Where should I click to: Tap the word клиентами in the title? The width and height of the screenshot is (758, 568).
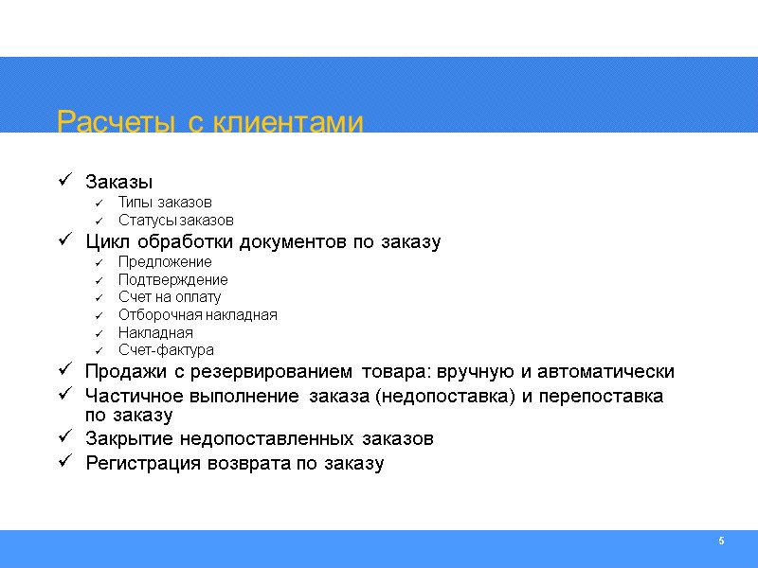(x=286, y=122)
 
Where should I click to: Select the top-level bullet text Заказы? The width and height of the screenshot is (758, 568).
(x=118, y=181)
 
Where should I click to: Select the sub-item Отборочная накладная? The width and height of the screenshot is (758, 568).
(x=197, y=314)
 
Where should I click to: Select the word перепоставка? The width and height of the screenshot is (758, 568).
(x=608, y=395)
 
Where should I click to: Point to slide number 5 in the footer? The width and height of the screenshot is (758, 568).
(x=721, y=541)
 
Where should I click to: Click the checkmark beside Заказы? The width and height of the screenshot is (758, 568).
(x=63, y=180)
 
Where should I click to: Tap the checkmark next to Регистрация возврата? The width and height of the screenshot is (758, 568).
(x=63, y=462)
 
